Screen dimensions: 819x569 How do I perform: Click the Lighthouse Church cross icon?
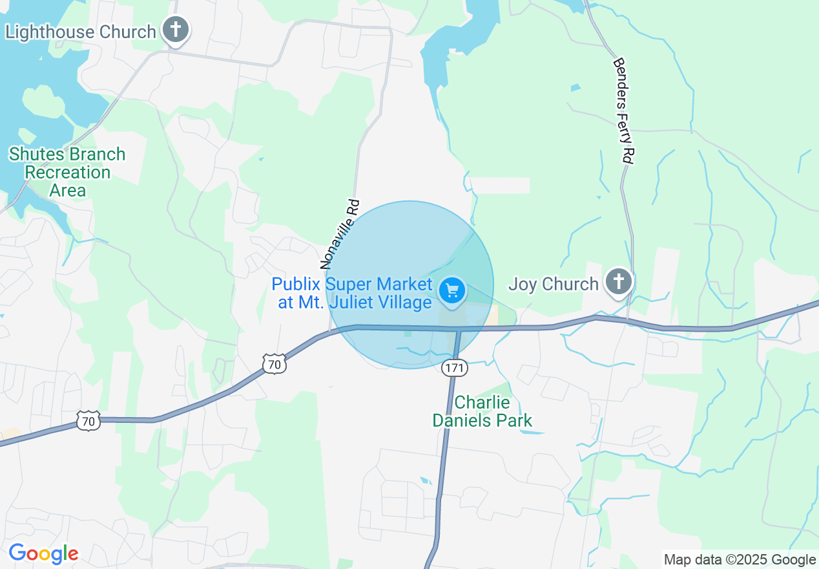click(175, 30)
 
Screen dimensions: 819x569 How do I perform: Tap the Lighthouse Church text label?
click(81, 32)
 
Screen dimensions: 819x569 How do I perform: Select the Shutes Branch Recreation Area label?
click(67, 172)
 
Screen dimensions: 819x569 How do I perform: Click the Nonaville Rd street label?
click(340, 234)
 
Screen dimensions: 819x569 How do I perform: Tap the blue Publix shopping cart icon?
click(452, 291)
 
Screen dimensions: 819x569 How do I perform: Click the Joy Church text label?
click(554, 284)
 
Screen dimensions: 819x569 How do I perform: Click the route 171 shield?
click(454, 367)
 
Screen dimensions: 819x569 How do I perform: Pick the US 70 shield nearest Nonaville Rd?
click(275, 365)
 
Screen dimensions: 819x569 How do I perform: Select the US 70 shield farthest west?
click(87, 422)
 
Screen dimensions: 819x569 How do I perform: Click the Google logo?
click(43, 553)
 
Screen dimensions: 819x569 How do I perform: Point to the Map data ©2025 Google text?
click(740, 560)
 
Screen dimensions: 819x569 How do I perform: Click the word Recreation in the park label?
click(68, 173)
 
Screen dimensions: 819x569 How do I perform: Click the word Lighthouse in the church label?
click(50, 32)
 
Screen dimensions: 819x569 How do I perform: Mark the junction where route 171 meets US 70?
click(459, 329)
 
